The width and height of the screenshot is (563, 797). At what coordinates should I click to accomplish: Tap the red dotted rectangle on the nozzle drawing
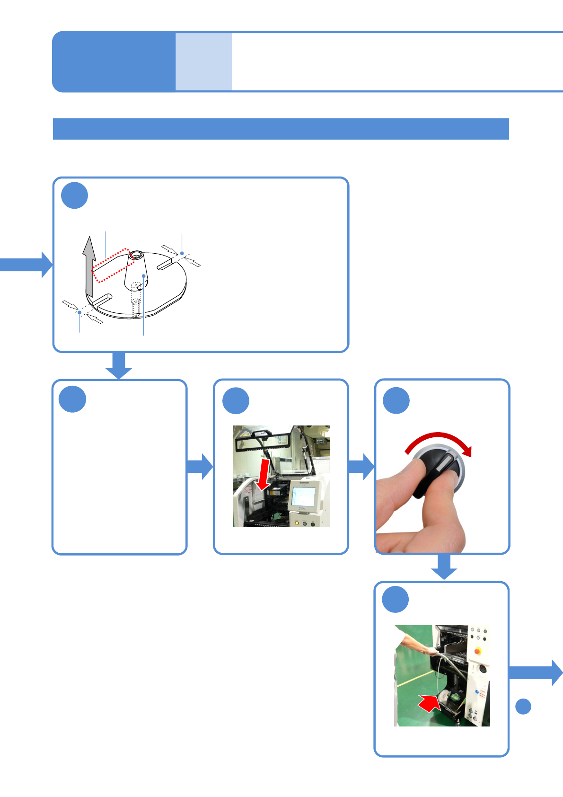(111, 265)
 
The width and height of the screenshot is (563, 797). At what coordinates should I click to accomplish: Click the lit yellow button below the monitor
(297, 523)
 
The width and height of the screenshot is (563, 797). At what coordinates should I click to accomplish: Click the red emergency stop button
(478, 651)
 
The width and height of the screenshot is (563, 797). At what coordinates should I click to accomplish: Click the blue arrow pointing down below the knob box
(444, 566)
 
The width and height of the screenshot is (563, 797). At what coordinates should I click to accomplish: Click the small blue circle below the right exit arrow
(523, 706)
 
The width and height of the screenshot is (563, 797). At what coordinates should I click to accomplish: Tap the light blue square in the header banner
(204, 62)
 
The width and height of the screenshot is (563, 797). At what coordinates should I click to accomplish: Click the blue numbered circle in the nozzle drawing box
(75, 195)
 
